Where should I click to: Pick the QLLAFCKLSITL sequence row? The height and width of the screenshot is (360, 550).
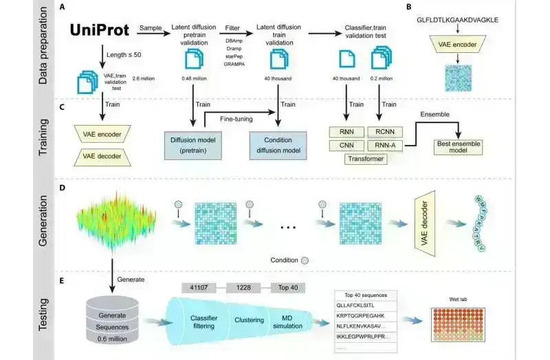pyautogui.click(x=357, y=305)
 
